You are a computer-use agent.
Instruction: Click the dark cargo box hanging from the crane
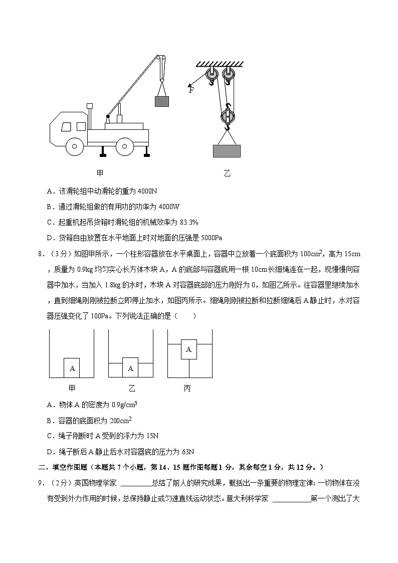point(161,101)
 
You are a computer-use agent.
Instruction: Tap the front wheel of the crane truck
point(74,146)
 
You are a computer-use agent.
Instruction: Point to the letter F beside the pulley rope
point(191,90)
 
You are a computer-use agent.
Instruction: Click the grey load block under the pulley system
point(227,151)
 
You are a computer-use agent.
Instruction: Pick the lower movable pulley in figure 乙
point(227,118)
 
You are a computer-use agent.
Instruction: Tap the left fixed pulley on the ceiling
point(210,75)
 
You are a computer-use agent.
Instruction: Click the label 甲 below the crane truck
point(100,173)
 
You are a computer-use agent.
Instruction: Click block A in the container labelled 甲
point(72,368)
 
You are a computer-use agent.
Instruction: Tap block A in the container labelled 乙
point(130,368)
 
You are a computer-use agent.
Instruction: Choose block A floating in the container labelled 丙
point(188,349)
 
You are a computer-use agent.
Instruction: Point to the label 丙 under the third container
point(187,389)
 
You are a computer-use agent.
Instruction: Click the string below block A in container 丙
point(188,368)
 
